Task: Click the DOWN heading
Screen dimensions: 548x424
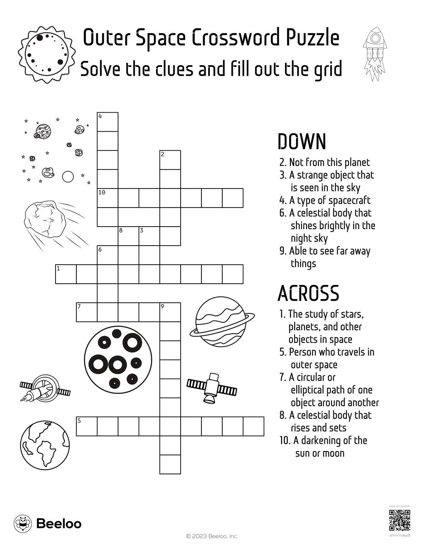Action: coord(301,142)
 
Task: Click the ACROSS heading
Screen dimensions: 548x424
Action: coord(308,293)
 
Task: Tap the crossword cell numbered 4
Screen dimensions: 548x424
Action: coord(108,122)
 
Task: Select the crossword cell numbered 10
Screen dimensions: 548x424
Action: coord(108,198)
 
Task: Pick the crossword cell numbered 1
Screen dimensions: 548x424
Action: coord(66,274)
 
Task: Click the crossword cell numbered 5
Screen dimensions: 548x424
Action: coord(86,426)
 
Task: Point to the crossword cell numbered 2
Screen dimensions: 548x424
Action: coord(170,160)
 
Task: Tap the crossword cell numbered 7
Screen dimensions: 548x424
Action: coord(86,312)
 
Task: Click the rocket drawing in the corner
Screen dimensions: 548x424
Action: coord(374,53)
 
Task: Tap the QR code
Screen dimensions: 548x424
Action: coord(399,520)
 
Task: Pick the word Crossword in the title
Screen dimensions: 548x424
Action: coord(234,38)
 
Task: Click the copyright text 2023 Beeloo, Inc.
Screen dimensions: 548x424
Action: coord(212,536)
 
